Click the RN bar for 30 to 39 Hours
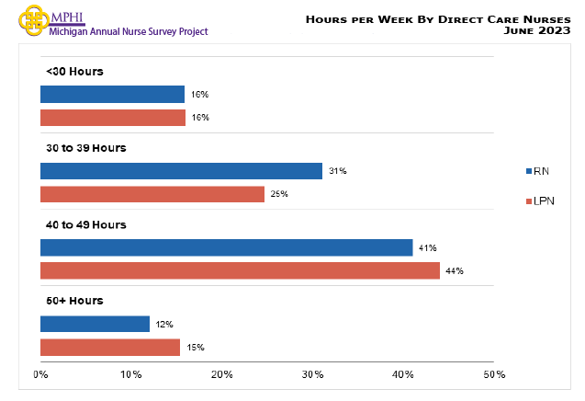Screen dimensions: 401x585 [x=181, y=171]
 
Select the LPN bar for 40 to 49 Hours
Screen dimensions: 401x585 [x=240, y=270]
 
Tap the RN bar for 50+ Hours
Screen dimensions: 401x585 [x=95, y=324]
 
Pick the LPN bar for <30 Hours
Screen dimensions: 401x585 [x=112, y=118]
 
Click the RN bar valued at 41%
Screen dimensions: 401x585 [x=226, y=247]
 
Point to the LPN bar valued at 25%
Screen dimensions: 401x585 [x=152, y=194]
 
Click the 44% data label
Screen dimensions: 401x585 [x=455, y=271]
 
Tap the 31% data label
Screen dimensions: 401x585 [x=337, y=171]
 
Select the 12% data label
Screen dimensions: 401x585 [x=164, y=325]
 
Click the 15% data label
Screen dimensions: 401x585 [x=195, y=348]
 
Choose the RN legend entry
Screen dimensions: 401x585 [x=539, y=170]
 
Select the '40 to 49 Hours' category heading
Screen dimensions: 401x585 [x=85, y=224]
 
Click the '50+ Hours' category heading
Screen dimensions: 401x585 [x=74, y=301]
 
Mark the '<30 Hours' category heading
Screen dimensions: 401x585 [x=74, y=72]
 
